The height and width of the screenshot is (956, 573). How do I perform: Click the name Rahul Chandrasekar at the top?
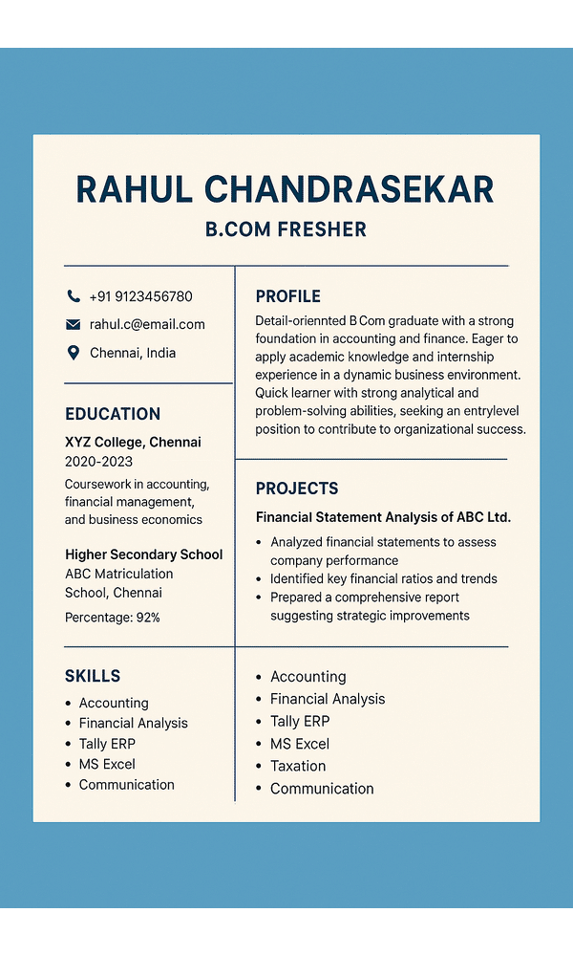tap(285, 189)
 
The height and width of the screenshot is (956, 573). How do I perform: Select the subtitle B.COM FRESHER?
tap(286, 229)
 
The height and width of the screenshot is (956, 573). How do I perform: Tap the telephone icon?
tap(74, 296)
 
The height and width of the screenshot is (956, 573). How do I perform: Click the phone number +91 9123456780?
tap(140, 296)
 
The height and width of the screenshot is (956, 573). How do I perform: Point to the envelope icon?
tap(74, 324)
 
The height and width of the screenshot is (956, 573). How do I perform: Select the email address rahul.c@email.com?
tap(147, 324)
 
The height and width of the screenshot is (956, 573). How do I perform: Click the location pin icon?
tap(74, 353)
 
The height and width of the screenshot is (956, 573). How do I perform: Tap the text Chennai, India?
tap(133, 353)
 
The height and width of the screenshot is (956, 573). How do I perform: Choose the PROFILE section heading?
tap(287, 296)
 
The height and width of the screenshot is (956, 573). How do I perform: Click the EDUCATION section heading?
tap(113, 414)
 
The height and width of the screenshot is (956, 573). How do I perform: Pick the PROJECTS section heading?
tap(297, 489)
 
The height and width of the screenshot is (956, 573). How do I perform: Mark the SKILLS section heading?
tap(93, 676)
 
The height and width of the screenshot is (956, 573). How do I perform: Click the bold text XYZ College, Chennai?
tap(133, 442)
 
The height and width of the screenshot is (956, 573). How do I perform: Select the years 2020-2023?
tap(98, 461)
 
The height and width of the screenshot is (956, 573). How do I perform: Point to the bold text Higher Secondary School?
tap(143, 554)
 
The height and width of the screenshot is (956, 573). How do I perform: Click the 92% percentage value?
tap(148, 618)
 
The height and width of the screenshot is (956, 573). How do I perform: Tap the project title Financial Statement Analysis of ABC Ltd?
tap(383, 517)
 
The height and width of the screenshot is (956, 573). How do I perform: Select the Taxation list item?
tap(298, 766)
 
